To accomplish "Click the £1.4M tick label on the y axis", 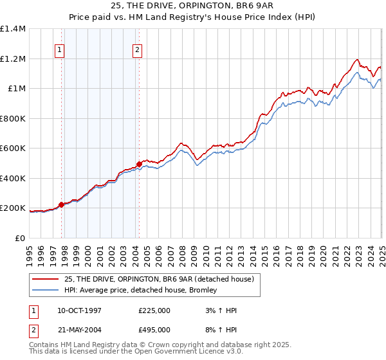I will (13, 29).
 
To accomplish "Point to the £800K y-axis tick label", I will (13, 118).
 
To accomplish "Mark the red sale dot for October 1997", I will (62, 204).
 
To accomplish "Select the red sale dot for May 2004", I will (139, 164).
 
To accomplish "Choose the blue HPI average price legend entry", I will (140, 290).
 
